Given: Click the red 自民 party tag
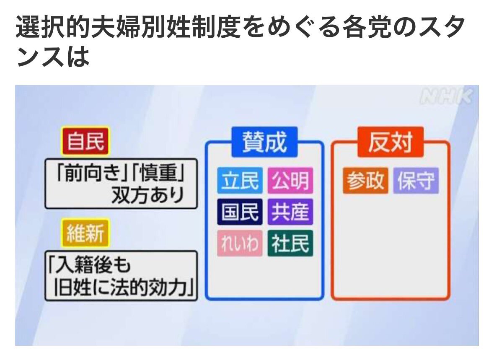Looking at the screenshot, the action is pos(85,141).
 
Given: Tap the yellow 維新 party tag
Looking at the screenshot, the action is pos(85,233).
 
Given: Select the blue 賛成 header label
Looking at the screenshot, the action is pos(265,142).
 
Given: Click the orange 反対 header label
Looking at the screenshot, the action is pos(391,142).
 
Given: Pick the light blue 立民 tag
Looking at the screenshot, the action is pos(240,180).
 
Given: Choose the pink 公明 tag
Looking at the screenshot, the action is pos(290,180).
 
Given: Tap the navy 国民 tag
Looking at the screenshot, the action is pos(240,212).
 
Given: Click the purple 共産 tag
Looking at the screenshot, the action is pos(290,212).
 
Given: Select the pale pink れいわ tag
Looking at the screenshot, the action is pos(240,243).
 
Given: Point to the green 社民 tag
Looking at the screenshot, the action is pos(290,243).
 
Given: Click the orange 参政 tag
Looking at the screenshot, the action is pos(365,180).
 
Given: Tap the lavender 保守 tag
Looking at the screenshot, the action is pos(416,180).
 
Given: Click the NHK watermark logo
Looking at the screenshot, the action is pos(447,97).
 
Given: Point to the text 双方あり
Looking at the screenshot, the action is pos(148,195).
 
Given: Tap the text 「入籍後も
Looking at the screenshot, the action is pos(89,264).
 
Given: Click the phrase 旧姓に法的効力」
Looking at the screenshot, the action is pos(124,287).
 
